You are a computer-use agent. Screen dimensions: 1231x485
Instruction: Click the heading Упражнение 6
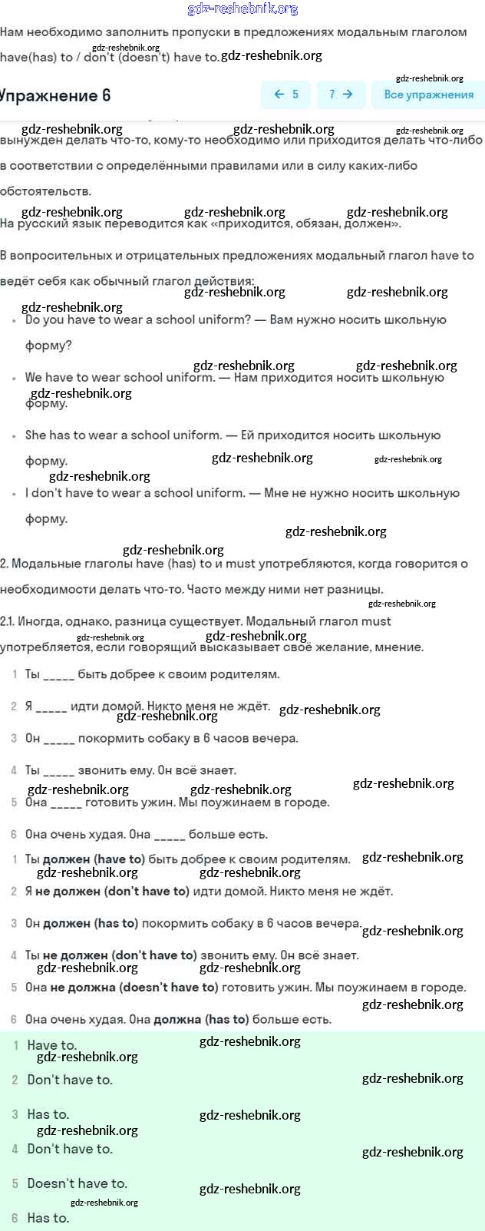coord(55,95)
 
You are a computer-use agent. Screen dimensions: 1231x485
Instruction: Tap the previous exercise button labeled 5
coord(286,94)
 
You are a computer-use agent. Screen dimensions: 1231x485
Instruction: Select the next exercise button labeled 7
coord(341,94)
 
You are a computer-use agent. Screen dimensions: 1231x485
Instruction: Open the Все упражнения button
coord(428,94)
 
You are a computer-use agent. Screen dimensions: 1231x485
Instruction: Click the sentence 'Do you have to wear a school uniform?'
coord(138,319)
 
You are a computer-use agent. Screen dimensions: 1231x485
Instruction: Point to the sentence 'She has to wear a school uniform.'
coord(124,435)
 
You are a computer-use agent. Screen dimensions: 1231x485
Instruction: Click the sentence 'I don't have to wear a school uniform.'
coord(135,493)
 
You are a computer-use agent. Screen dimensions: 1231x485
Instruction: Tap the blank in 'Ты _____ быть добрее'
coord(59,674)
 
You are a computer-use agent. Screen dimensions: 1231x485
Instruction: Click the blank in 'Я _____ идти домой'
coord(51,707)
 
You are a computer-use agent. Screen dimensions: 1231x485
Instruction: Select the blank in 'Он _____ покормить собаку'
coord(59,739)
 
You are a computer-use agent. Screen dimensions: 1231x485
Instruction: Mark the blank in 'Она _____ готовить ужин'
coord(66,802)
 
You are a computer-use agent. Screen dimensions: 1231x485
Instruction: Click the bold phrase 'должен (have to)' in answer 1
coord(94,859)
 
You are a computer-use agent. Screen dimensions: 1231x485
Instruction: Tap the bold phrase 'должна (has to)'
coord(201,1020)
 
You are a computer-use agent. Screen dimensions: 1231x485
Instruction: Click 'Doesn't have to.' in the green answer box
coord(77,1183)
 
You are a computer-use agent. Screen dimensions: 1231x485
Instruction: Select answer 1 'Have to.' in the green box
coord(51,1045)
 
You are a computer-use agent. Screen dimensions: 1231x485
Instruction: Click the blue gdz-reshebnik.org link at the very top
coord(242,9)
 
